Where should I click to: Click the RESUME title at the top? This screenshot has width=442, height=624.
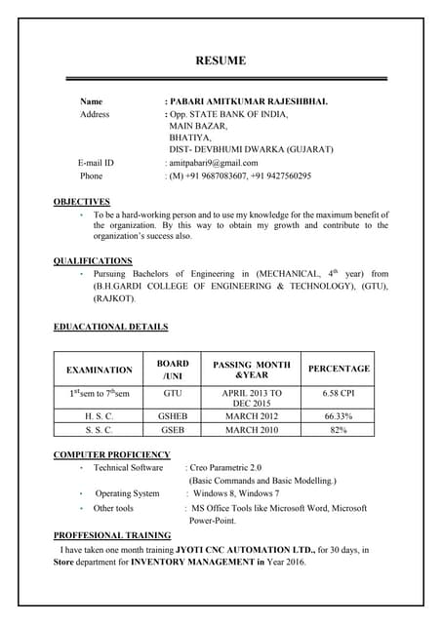[x=221, y=60]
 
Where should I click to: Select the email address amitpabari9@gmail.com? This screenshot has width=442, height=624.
[x=213, y=163]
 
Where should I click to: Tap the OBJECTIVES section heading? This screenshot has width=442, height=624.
[x=81, y=202]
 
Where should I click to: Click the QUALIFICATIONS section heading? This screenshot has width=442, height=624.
[x=93, y=261]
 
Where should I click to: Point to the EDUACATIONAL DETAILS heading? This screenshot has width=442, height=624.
[x=110, y=327]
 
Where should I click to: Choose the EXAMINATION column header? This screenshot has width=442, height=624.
[x=99, y=370]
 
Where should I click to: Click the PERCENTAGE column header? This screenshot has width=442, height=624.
[x=339, y=369]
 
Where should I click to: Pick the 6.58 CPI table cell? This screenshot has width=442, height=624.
[x=339, y=393]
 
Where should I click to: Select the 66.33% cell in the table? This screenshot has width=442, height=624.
[x=339, y=416]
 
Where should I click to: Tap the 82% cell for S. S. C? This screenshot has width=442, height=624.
[x=339, y=429]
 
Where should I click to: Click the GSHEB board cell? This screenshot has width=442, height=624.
[x=173, y=416]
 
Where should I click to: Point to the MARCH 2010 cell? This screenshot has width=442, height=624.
[x=251, y=429]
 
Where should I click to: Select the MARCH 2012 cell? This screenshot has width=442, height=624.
[x=251, y=416]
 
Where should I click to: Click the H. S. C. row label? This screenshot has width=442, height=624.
[x=99, y=416]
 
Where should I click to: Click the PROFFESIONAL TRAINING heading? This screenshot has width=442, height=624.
[x=112, y=535]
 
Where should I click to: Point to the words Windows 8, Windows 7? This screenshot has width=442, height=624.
[x=236, y=494]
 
